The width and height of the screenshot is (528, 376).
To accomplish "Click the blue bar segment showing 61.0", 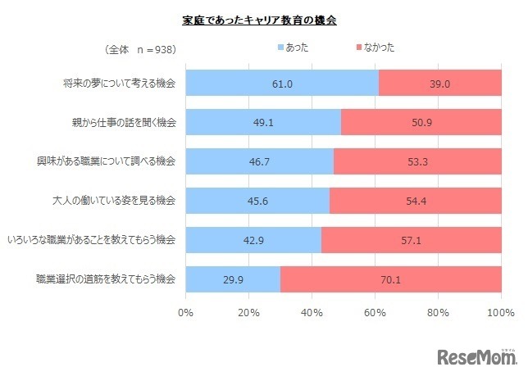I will pyautogui.click(x=282, y=83).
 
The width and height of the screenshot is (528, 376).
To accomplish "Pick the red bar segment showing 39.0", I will pyautogui.click(x=440, y=83).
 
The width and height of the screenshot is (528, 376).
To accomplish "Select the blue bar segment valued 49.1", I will pyautogui.click(x=263, y=122).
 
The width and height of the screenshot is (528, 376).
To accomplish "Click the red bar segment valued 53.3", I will pyautogui.click(x=417, y=161).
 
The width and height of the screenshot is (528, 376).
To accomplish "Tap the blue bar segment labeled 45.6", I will pyautogui.click(x=258, y=200).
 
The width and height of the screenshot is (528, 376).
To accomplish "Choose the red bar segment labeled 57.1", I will pyautogui.click(x=412, y=239).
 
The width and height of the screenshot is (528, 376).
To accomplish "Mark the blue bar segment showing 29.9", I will pyautogui.click(x=234, y=279).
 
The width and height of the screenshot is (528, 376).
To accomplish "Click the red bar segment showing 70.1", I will pyautogui.click(x=391, y=279).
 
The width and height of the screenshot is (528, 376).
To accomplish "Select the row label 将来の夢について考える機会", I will pyautogui.click(x=120, y=83).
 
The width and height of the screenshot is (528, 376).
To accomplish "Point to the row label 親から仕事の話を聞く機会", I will pyautogui.click(x=125, y=122).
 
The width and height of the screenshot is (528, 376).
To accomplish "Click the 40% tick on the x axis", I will pyautogui.click(x=312, y=312).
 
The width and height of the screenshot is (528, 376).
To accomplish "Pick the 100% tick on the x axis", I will pyautogui.click(x=500, y=312).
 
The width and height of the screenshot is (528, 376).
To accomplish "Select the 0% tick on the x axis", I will pyautogui.click(x=186, y=312).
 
